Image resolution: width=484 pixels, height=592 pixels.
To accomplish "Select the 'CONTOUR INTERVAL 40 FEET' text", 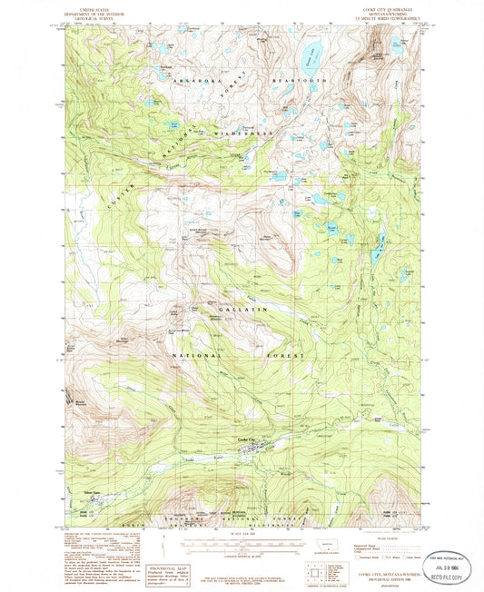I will pyautogui.click(x=242, y=554).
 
